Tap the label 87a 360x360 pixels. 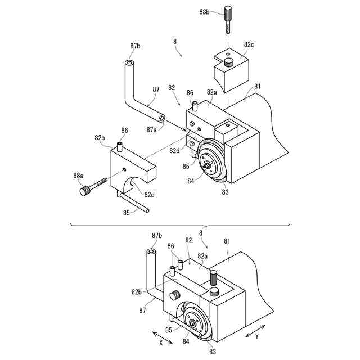click(152, 130)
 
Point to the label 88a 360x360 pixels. click(79, 176)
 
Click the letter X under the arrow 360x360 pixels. click(160, 341)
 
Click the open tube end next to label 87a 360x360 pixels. click(162, 119)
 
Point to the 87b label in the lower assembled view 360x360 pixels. click(157, 235)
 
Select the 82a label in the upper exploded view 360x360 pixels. click(211, 92)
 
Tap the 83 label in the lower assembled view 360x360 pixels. click(213, 352)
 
